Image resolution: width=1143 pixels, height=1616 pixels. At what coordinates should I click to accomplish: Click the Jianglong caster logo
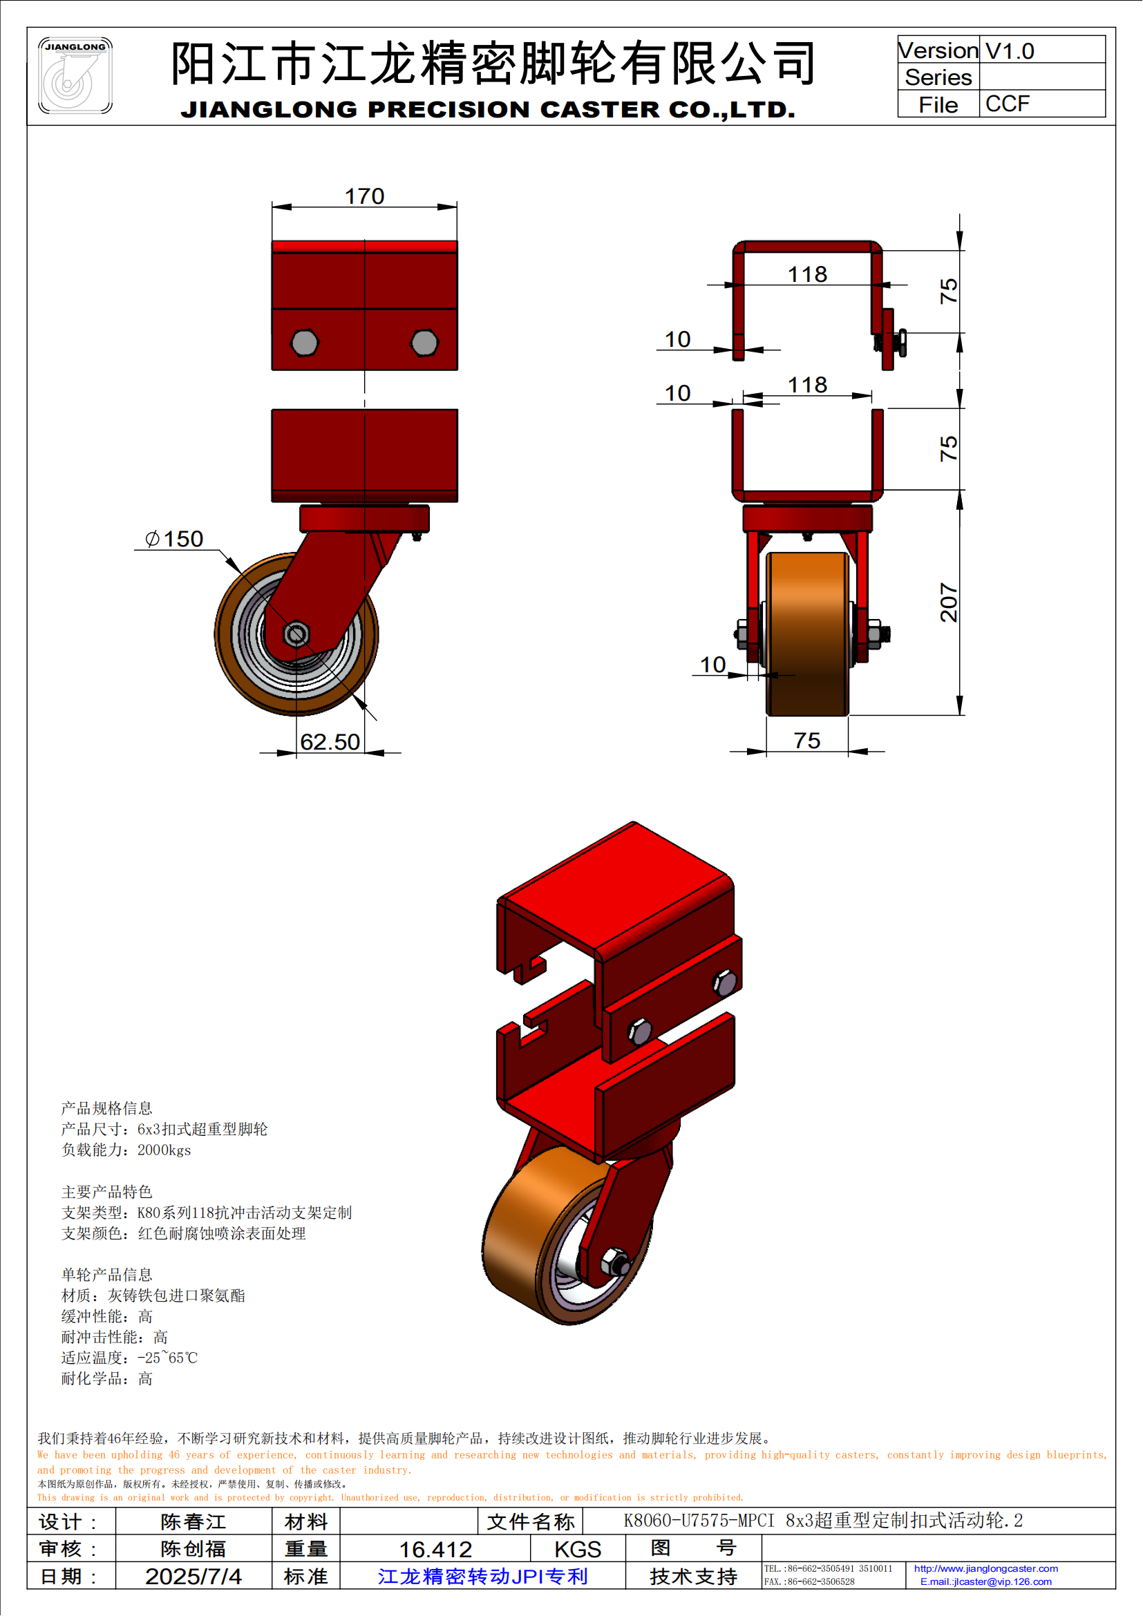click(x=75, y=75)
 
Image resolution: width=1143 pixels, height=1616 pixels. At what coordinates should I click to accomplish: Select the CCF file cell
click(x=1007, y=104)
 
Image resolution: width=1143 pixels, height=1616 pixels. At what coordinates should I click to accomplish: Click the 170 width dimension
click(x=364, y=196)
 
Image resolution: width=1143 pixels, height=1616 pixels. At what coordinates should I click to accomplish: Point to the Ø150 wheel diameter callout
click(x=175, y=538)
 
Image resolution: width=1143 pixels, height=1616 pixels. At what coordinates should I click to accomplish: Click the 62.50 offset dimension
click(x=330, y=741)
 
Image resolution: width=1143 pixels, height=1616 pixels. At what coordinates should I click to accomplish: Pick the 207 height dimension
click(x=949, y=602)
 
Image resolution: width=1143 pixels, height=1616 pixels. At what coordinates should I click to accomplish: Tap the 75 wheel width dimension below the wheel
click(x=806, y=741)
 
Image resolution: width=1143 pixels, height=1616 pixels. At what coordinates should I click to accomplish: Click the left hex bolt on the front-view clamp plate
click(x=305, y=343)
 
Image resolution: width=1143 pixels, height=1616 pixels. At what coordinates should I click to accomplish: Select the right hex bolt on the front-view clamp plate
click(x=424, y=343)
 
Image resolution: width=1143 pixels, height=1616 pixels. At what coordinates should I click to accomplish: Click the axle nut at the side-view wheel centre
click(x=296, y=634)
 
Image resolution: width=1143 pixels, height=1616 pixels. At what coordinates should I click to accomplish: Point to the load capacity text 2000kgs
click(x=164, y=1150)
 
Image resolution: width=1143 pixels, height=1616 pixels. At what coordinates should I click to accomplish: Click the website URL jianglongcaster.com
click(x=985, y=1568)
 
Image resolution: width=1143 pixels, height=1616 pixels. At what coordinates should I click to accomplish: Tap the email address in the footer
click(x=985, y=1581)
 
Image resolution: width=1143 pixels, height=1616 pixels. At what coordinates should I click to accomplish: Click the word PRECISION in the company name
click(x=448, y=110)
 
